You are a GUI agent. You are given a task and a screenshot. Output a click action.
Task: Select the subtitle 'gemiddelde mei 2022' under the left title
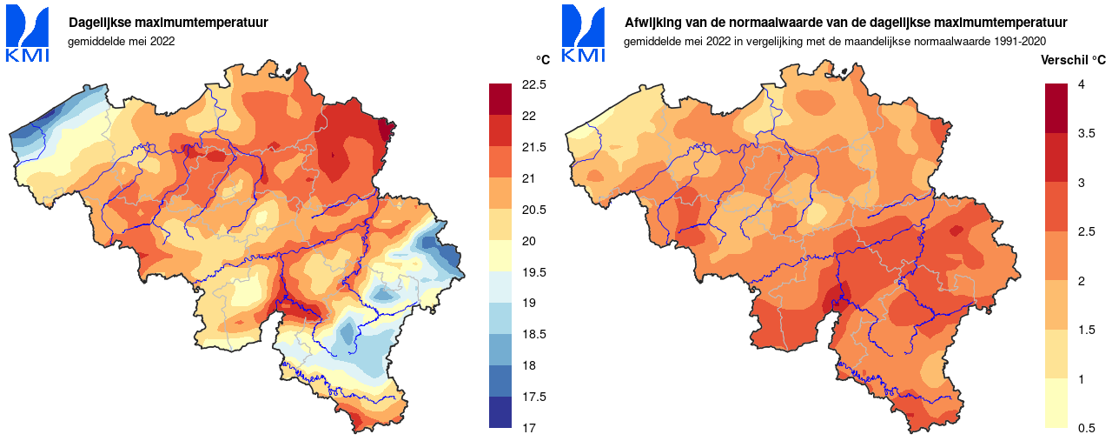point(122,41)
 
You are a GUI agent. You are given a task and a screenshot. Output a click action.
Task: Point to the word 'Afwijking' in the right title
point(653,23)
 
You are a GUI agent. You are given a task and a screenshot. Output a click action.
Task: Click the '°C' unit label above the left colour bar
point(543,60)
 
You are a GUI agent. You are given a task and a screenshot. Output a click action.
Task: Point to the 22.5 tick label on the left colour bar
point(534,84)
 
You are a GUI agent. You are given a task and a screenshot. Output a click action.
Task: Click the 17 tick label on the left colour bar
point(527,428)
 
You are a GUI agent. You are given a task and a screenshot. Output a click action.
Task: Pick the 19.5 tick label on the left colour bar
point(534,272)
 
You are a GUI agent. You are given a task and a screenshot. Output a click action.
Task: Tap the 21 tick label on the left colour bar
point(527,178)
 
